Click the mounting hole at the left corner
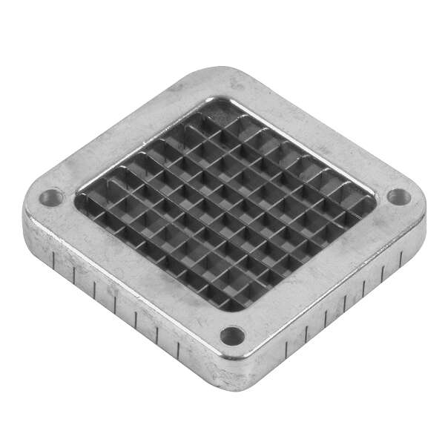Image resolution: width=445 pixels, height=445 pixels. tap(51, 198)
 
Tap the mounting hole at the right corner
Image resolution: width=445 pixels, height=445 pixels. tap(398, 197)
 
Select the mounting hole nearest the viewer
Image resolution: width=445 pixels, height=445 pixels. tap(232, 335)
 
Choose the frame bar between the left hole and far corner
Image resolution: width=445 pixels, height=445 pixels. tap(119, 133)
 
